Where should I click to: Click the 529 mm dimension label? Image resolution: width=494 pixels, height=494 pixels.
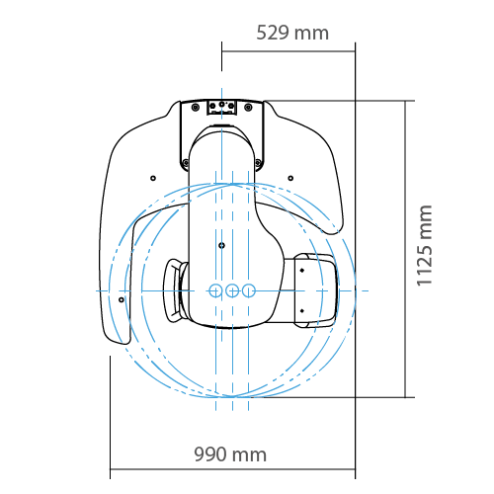point(292,33)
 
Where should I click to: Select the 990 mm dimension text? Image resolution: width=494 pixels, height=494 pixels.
point(230,454)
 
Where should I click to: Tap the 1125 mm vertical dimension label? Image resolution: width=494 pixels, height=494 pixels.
point(424,246)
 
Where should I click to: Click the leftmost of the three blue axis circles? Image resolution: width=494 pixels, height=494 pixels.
point(215,290)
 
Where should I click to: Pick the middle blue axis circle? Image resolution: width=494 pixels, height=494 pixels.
point(232,290)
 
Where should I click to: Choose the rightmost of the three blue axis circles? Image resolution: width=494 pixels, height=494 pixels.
point(249,290)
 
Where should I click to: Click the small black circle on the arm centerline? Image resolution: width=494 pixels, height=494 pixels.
point(222,245)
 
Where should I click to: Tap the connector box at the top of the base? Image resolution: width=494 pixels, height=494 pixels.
point(222,108)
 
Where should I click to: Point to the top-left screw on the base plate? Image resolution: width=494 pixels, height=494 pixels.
point(196,107)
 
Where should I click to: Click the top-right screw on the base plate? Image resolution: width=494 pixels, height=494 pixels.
point(249,107)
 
